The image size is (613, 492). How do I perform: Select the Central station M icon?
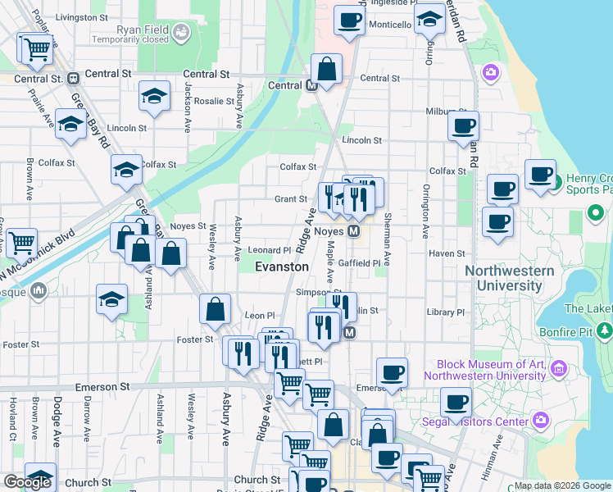pos(311,85)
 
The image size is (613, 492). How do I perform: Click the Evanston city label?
pos(282,266)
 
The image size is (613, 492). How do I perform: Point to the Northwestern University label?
pos(503,278)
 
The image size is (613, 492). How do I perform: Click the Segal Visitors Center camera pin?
pos(540,421)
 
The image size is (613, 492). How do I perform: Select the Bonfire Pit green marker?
pos(605,330)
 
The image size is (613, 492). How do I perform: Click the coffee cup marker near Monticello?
pos(349,20)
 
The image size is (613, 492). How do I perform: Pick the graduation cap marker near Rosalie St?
pos(154,96)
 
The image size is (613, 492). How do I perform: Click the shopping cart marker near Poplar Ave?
pos(37,48)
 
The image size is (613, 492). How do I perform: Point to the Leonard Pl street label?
pos(270,250)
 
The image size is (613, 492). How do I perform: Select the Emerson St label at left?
pos(102,386)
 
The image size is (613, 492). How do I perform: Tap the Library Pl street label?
pos(446,312)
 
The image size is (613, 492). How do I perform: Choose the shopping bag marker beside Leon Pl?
pos(215,308)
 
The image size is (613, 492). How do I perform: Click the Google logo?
pos(27,482)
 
